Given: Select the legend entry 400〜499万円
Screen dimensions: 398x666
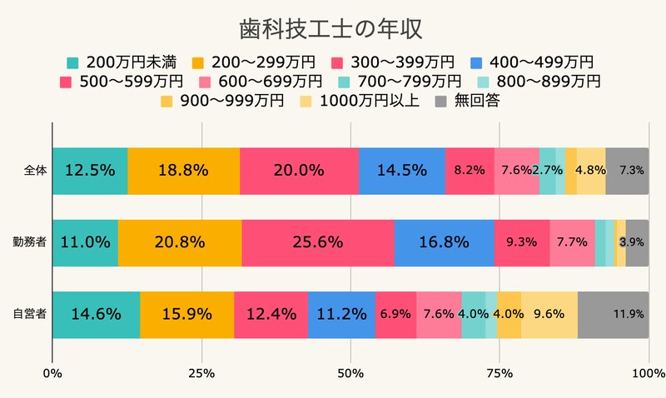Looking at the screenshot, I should [530, 62].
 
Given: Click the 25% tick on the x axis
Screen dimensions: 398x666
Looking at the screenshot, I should [201, 371].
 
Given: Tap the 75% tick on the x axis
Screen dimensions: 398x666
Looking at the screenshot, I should [499, 371].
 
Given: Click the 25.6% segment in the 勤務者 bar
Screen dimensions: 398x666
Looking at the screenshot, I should [317, 242].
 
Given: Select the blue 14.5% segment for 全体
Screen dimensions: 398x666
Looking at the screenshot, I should [401, 171].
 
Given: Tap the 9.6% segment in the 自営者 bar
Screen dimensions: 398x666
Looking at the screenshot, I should [549, 315].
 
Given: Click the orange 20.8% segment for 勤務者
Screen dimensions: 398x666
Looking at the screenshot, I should [179, 242].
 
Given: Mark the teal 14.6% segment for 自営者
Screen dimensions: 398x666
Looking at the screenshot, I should [96, 315].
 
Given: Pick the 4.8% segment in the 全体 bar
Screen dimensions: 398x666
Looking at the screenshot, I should [590, 171].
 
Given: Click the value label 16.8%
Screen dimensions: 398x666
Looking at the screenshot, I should [443, 242].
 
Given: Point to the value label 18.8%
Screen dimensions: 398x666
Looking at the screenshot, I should [183, 171].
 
